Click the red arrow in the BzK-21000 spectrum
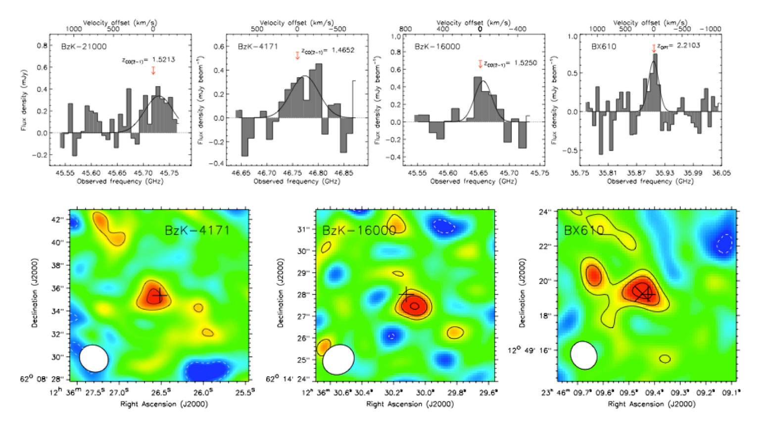coord(153,70)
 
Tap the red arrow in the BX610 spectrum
coord(654,48)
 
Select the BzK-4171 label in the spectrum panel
coord(258,47)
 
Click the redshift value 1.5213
coord(164,59)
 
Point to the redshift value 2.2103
coord(690,45)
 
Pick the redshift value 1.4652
coord(343,50)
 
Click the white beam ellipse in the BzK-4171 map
coord(94,358)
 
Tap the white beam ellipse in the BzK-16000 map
coord(338,360)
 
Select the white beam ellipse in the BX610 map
coord(584,355)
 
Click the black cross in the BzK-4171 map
coord(159,295)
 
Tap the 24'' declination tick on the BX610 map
coord(544,212)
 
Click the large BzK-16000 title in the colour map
coord(359,231)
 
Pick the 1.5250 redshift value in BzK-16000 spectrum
coord(525,63)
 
